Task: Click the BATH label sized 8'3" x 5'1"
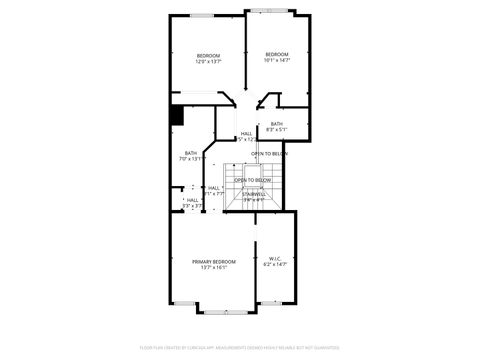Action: pyautogui.click(x=276, y=123)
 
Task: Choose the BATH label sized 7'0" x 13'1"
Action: pyautogui.click(x=190, y=152)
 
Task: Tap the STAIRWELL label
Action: pyautogui.click(x=253, y=194)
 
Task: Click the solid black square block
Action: pyautogui.click(x=176, y=114)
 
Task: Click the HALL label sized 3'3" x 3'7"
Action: pyautogui.click(x=192, y=202)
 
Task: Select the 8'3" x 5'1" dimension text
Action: pyautogui.click(x=277, y=130)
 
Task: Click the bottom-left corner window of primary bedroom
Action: pyautogui.click(x=183, y=303)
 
